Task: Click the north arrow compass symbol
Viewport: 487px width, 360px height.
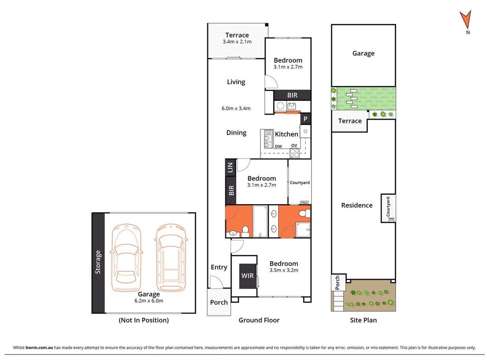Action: pos(465,21)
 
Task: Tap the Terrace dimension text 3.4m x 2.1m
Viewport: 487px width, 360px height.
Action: pos(237,42)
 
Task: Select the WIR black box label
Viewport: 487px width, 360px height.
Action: pos(247,276)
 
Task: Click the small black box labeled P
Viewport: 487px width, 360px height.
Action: pos(305,119)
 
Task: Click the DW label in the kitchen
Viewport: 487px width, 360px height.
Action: pos(279,146)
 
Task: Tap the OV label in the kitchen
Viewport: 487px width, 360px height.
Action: pos(294,145)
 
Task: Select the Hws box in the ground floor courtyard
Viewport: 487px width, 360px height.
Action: pos(304,202)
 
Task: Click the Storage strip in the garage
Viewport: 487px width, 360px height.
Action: pos(98,262)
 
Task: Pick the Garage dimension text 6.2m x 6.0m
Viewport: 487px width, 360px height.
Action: pos(148,301)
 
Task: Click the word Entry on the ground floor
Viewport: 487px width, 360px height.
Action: pos(219,267)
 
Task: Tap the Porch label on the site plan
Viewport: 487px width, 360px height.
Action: pos(337,283)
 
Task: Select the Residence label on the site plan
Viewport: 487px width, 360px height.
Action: pos(357,205)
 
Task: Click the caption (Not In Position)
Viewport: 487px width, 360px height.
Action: pos(143,320)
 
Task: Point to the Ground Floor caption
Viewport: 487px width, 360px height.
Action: pos(259,320)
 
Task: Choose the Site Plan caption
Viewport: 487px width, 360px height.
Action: pos(363,320)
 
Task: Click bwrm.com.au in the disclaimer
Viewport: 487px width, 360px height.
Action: pos(39,348)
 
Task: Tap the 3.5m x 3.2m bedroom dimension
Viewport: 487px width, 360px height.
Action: pos(284,270)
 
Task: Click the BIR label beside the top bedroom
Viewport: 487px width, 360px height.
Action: pos(292,95)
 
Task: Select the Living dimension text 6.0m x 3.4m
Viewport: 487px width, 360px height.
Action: pos(236,109)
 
